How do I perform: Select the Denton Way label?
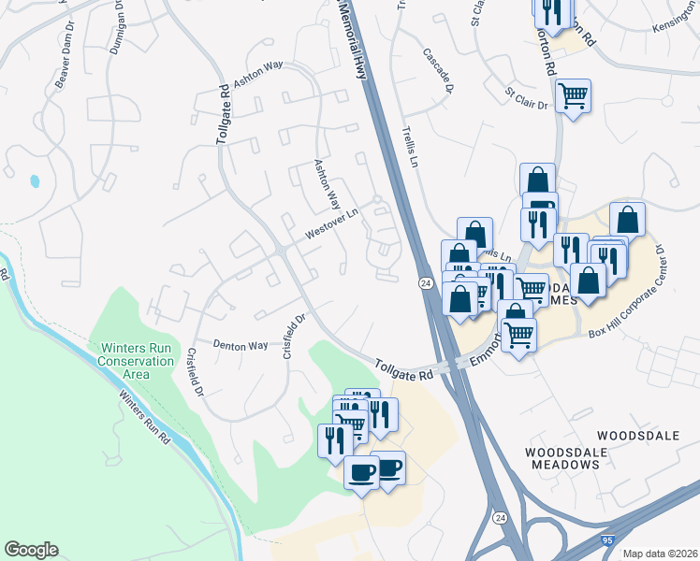pos(241,345)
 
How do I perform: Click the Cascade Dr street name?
pos(438,71)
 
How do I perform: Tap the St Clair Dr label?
pos(526,99)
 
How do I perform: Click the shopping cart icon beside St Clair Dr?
pos(572,94)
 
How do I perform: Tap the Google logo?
pos(31,550)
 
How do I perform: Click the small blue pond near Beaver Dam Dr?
pos(36,180)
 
